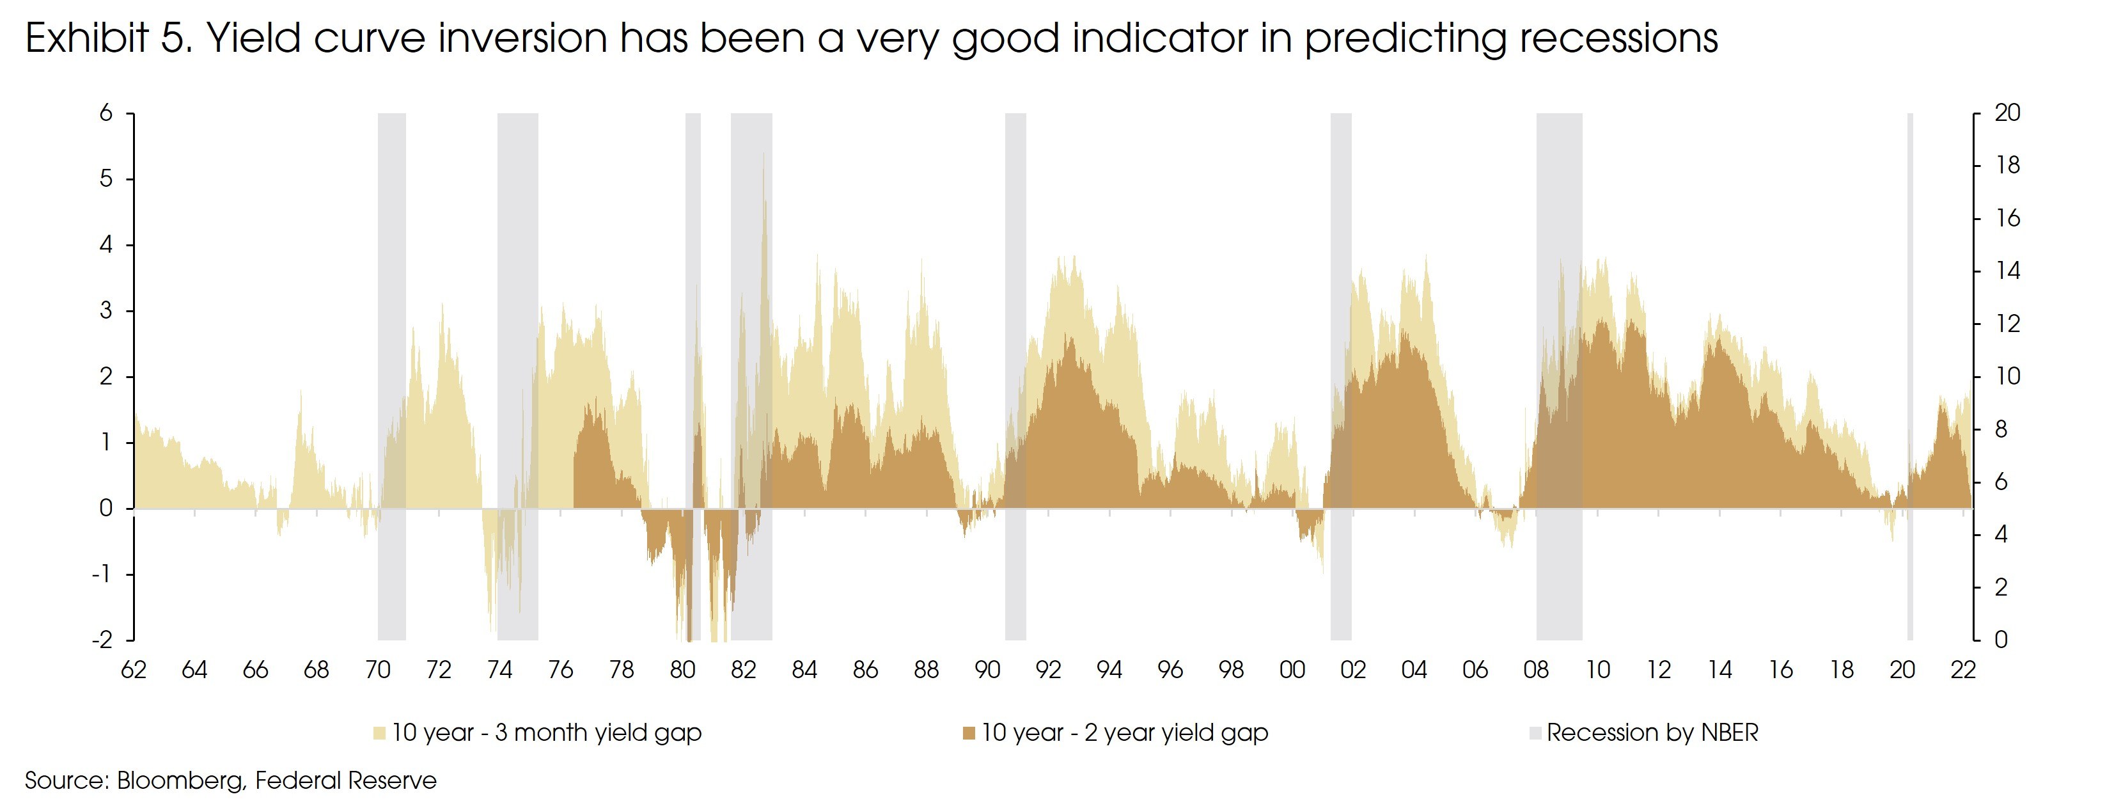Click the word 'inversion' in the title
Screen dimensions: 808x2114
pyautogui.click(x=521, y=38)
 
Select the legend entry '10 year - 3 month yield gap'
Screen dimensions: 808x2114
pyautogui.click(x=545, y=733)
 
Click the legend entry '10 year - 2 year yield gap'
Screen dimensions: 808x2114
pyautogui.click(x=1124, y=733)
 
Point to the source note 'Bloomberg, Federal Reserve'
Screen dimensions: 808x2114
pyautogui.click(x=277, y=780)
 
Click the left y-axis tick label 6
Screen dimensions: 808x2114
pyautogui.click(x=106, y=113)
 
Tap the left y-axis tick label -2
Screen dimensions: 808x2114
pyautogui.click(x=102, y=640)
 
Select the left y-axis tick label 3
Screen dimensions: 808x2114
pyautogui.click(x=106, y=310)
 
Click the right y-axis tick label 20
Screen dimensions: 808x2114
pyautogui.click(x=2007, y=113)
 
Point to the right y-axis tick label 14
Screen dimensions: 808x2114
pyautogui.click(x=2007, y=271)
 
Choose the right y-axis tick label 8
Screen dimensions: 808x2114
pyautogui.click(x=2001, y=429)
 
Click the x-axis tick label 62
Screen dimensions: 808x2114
pyautogui.click(x=134, y=670)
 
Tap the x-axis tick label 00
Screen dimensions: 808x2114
pyautogui.click(x=1292, y=670)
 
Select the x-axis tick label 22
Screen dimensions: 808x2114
pyautogui.click(x=1963, y=670)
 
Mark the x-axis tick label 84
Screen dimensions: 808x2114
pyautogui.click(x=804, y=670)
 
